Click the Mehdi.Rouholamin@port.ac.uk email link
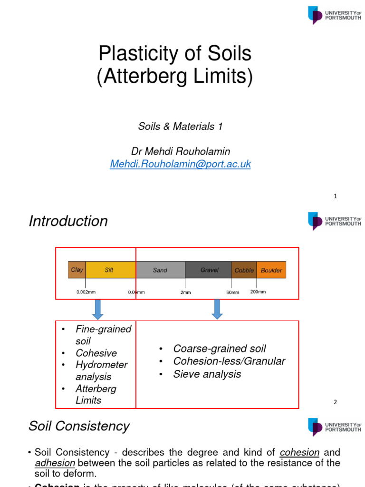180,164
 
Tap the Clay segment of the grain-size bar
77,270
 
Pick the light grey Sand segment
160,270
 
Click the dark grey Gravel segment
209,270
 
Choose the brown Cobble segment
244,270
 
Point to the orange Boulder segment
271,270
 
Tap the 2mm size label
185,292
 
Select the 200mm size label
258,292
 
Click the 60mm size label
232,292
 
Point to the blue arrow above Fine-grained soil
98,310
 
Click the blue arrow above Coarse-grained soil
217,310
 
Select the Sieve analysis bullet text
207,374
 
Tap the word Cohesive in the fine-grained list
96,353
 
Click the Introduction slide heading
68,221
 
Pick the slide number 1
335,196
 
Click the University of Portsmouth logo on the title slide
335,15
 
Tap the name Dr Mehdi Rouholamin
181,152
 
